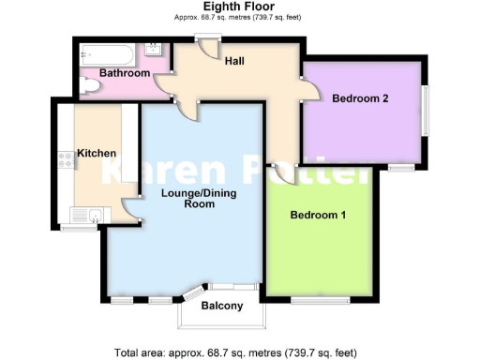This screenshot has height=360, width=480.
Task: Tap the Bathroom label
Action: pos(126,73)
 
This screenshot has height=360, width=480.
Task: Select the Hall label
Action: pos(234,61)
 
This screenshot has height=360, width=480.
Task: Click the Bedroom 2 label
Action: pos(360,97)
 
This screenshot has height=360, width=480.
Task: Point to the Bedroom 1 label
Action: pos(318,216)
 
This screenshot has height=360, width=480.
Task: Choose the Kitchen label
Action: pos(97,153)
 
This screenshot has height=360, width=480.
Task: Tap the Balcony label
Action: pos(222,306)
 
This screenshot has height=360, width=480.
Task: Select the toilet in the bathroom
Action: pos(89,87)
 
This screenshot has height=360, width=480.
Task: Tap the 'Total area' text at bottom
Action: pos(234,352)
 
